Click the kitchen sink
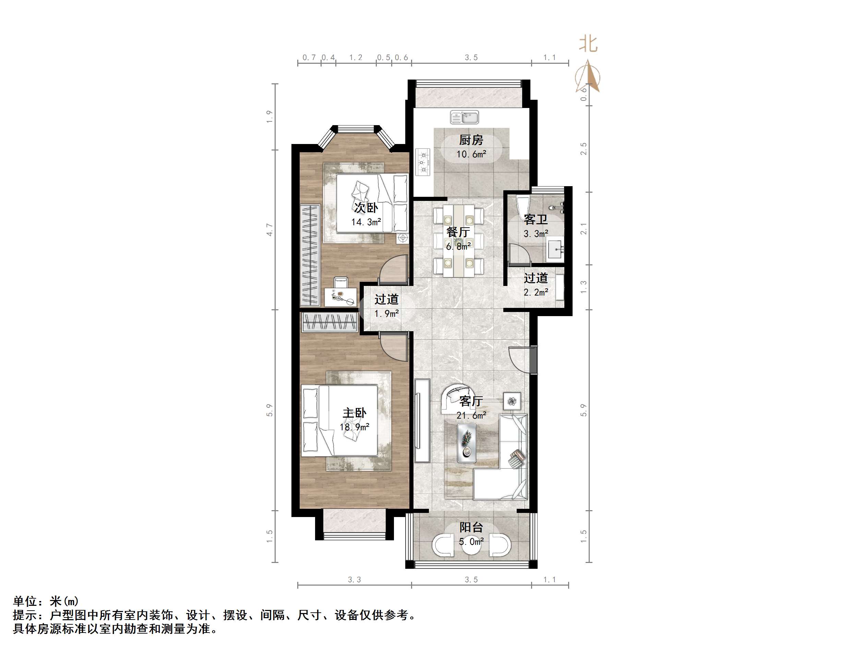[x=465, y=117]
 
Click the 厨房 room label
[x=471, y=140]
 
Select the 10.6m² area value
[x=471, y=154]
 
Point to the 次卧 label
[x=366, y=207]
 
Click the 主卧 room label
[x=354, y=413]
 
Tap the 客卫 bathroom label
[x=536, y=219]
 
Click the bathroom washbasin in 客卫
[x=555, y=247]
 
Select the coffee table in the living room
[x=467, y=440]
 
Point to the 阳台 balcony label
[x=471, y=527]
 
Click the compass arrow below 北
[x=588, y=76]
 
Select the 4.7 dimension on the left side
[x=269, y=230]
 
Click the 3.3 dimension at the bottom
[x=354, y=580]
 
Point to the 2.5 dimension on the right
[x=584, y=149]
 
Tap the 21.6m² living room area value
[x=471, y=416]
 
